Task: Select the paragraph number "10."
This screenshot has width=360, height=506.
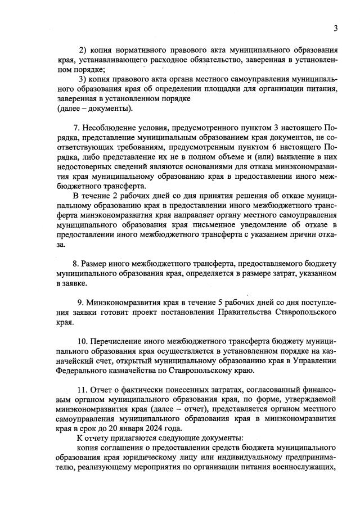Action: click(83, 342)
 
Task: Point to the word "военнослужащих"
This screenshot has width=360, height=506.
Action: click(304, 468)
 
